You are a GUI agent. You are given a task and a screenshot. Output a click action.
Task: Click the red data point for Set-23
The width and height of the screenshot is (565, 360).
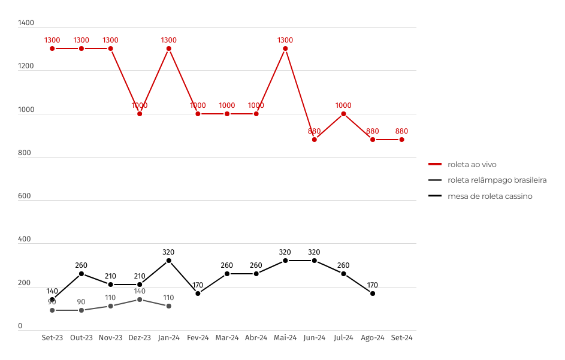(x=53, y=49)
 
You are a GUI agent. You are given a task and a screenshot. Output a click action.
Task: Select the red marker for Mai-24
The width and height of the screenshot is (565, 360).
(x=285, y=49)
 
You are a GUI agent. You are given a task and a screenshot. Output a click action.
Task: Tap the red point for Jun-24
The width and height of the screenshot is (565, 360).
(x=315, y=140)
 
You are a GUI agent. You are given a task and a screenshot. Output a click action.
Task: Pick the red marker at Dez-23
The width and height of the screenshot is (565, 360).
(x=140, y=114)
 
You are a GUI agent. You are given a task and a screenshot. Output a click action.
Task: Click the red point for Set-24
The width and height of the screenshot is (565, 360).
(x=401, y=140)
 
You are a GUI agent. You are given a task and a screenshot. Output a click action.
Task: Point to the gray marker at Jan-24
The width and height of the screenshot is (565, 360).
(x=169, y=306)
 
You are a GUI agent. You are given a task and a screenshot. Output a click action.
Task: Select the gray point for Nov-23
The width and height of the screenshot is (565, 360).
(x=111, y=306)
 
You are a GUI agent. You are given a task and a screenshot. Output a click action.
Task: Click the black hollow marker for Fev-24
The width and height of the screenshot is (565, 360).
(x=198, y=294)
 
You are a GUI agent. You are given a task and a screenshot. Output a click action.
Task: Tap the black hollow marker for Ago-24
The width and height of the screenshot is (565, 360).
(x=373, y=294)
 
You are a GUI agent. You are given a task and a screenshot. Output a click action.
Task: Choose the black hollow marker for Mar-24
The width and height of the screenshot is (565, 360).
(x=227, y=274)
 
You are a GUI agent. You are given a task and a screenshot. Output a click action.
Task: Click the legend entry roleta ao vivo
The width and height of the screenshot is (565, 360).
(x=472, y=164)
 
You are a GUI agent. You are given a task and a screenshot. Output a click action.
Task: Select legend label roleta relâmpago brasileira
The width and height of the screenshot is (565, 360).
(x=497, y=180)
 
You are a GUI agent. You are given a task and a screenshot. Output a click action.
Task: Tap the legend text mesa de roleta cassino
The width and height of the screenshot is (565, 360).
(x=490, y=196)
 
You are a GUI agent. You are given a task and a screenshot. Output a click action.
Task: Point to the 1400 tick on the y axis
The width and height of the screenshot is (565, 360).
(x=26, y=23)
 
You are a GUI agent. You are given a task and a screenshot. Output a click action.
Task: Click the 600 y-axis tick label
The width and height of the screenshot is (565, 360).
(x=25, y=196)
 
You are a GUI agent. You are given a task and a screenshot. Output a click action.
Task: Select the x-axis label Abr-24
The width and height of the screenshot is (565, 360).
(x=256, y=338)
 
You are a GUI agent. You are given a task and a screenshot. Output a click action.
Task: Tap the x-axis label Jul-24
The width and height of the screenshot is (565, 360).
(x=343, y=338)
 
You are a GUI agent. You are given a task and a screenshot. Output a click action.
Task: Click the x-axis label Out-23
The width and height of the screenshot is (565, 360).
(x=81, y=338)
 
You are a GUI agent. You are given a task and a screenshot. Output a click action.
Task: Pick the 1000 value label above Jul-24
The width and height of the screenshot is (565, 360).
(x=343, y=105)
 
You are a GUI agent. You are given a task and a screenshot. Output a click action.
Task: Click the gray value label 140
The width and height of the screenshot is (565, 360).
(x=140, y=291)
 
